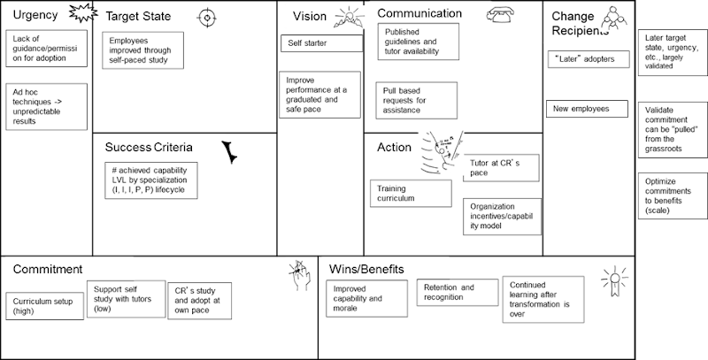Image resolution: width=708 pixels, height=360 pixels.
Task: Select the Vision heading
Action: point(309,16)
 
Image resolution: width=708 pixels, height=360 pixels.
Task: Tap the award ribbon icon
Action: point(612,281)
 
